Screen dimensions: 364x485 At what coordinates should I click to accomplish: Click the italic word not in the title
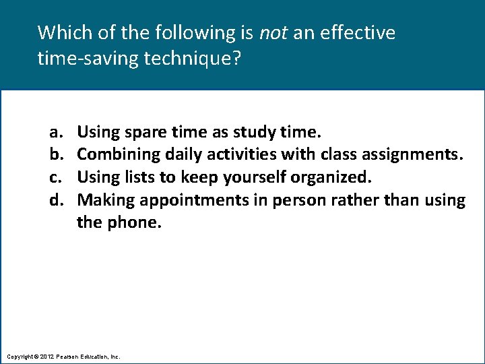click(273, 32)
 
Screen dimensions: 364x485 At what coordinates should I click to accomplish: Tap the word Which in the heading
click(61, 32)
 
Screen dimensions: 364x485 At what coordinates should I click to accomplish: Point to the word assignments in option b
click(411, 154)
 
